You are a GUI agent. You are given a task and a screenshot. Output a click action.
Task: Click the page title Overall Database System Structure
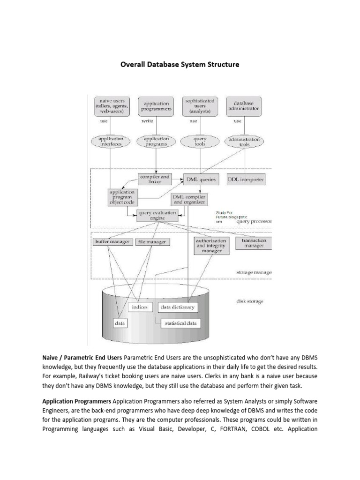coord(180,65)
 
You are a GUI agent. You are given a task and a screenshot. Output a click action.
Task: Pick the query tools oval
coord(200,141)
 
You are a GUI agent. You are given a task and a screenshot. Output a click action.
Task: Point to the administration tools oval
coord(243,141)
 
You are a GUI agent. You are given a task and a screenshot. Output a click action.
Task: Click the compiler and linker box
coord(155,179)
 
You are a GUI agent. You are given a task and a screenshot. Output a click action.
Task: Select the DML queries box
coord(201,179)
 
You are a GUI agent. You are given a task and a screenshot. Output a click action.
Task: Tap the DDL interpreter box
coord(246,179)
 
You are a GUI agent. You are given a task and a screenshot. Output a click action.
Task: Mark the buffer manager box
coord(111,242)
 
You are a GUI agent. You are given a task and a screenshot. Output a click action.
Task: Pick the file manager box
coord(152,242)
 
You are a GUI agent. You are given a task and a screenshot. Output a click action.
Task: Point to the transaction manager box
coord(254,243)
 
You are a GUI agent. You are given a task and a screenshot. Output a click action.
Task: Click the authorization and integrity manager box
coord(211,245)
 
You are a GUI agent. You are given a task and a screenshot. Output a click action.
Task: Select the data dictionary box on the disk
coord(177,307)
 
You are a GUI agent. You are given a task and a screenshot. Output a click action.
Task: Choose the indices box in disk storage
coord(140,307)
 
